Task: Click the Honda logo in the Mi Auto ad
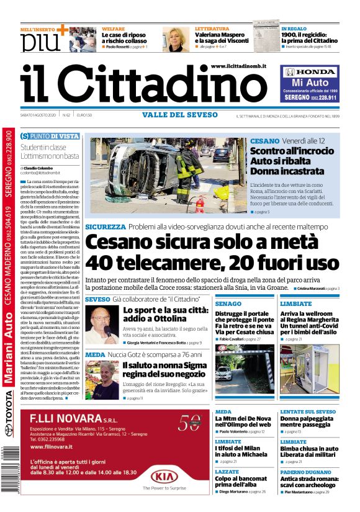(x=308, y=72)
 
